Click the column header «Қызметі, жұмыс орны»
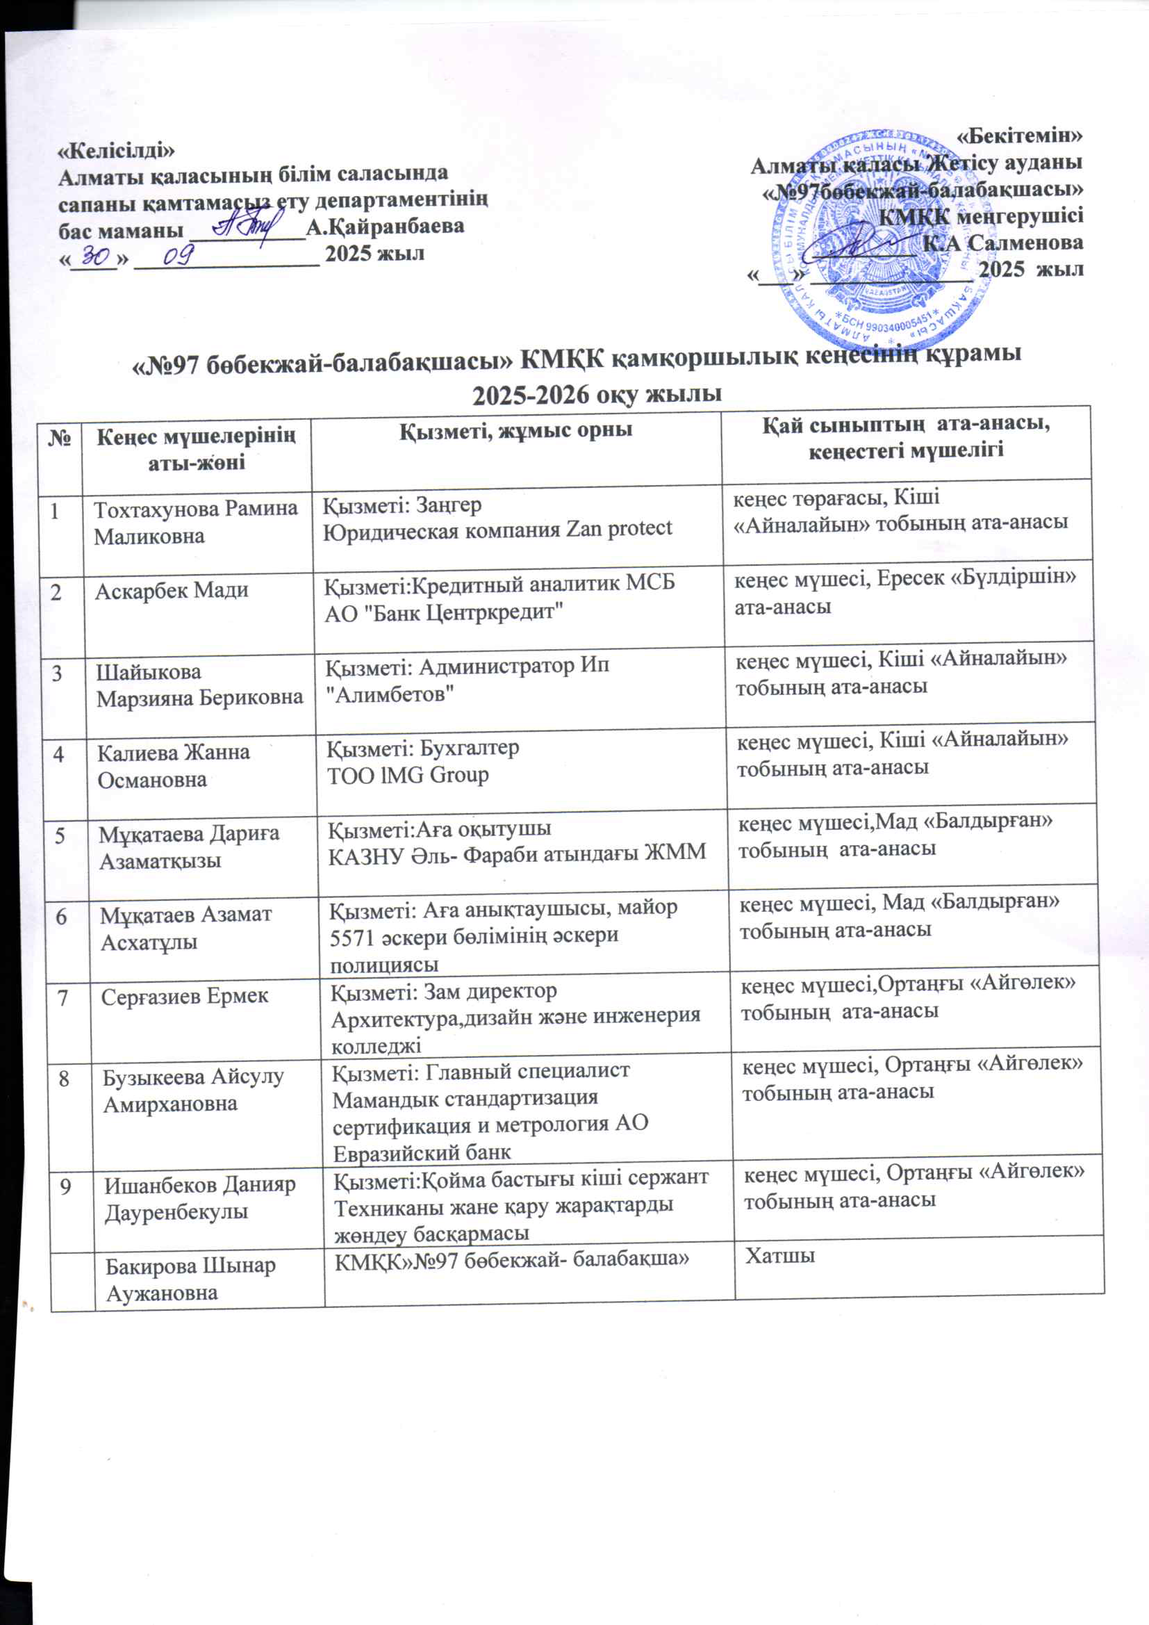click(516, 430)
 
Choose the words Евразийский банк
click(422, 1152)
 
